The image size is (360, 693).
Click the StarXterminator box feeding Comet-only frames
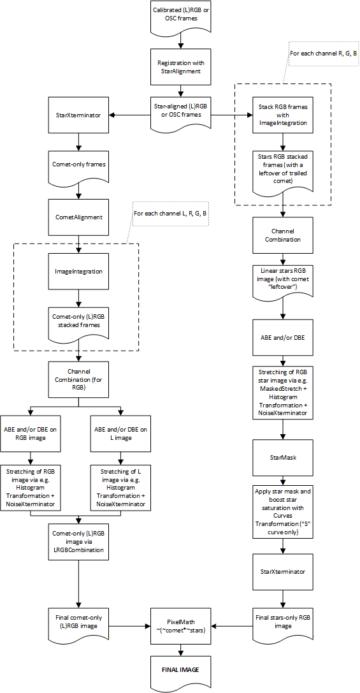tap(78, 115)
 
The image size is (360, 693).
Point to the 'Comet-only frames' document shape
tap(78, 165)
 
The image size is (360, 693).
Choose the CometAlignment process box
tap(78, 216)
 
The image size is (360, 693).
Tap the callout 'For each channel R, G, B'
tap(324, 54)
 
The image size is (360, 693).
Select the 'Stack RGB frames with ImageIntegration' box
tap(283, 115)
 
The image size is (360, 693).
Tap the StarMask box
tap(283, 457)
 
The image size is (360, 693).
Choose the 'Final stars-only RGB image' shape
tap(283, 622)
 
